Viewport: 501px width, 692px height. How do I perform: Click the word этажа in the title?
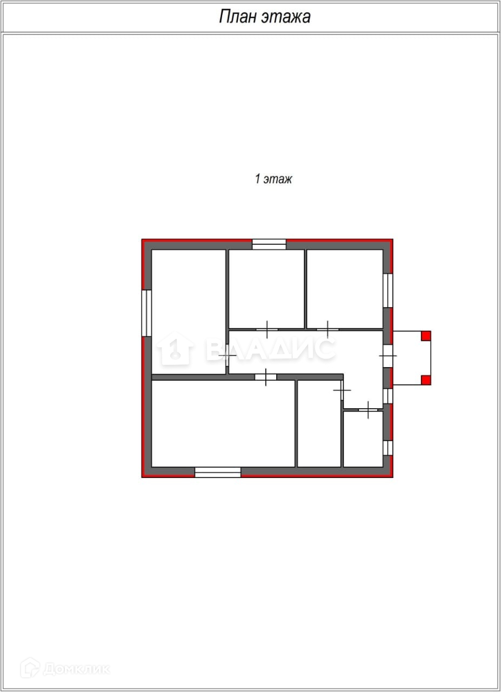(286, 17)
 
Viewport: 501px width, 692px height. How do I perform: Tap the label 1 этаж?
(273, 179)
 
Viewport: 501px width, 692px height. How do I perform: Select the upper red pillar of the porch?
(426, 336)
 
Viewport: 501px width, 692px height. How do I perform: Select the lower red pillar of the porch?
(426, 380)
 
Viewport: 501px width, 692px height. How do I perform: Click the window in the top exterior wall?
(269, 244)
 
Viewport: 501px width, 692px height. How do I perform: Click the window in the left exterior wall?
(146, 313)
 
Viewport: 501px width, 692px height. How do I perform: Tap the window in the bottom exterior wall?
(218, 472)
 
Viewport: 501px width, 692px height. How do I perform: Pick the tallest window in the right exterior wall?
(388, 290)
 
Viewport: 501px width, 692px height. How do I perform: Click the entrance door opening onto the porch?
(388, 356)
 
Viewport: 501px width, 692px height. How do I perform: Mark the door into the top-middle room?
(267, 329)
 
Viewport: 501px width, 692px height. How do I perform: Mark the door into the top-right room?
(328, 329)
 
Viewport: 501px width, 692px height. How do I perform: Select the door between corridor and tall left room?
(228, 355)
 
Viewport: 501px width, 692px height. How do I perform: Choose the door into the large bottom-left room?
(266, 377)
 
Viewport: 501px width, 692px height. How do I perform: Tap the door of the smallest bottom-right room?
(368, 410)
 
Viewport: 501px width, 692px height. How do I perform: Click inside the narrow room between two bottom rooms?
(319, 423)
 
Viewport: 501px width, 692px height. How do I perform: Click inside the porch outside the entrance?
(408, 358)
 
